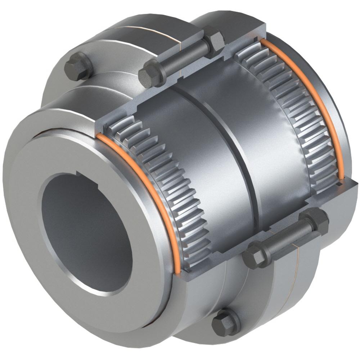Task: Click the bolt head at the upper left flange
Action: coord(78,66)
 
